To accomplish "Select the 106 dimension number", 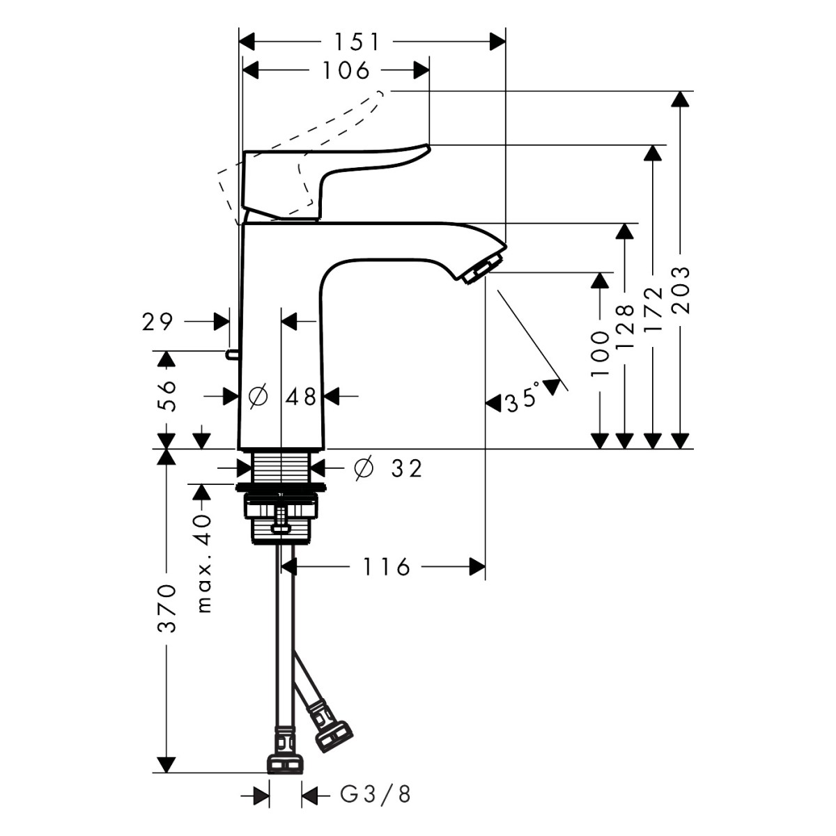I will coord(347,70).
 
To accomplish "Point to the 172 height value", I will coord(653,310).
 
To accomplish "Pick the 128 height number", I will coord(625,325).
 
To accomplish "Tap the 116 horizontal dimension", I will coord(387,567).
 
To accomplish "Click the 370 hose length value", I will coord(167,607).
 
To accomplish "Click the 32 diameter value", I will coord(406,469).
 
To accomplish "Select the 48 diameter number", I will coord(301,396).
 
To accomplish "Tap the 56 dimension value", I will coord(167,396).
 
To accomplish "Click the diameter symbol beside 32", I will coord(363,469).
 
